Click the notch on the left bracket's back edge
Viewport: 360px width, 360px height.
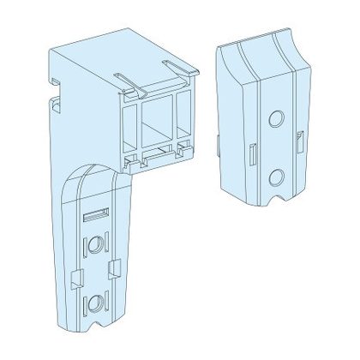pos(56,105)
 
